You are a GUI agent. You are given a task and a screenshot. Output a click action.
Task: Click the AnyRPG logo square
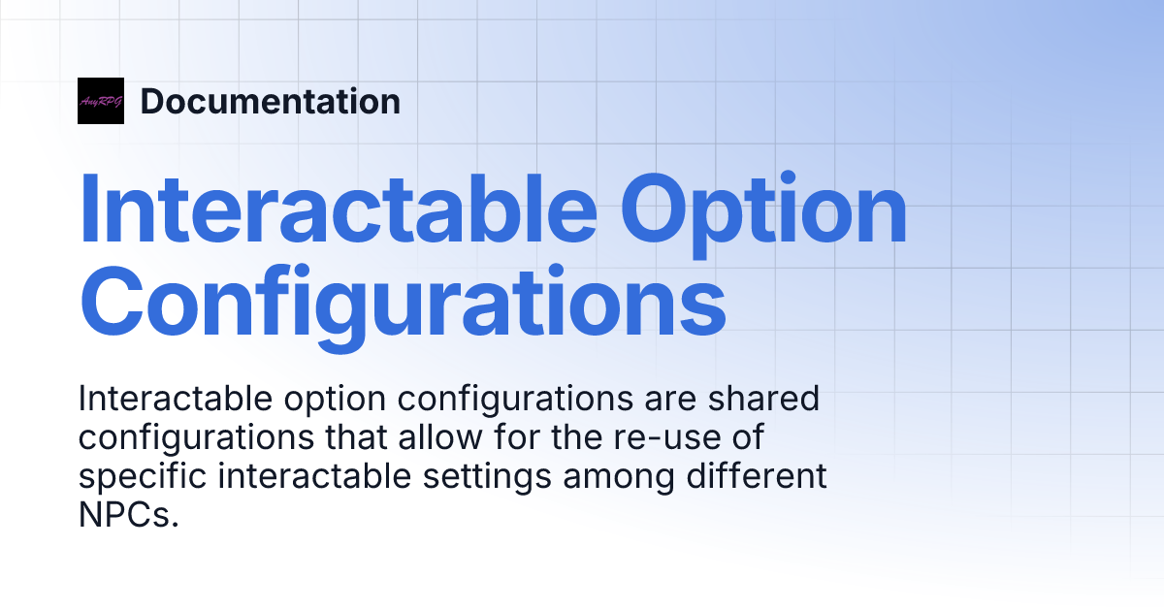tap(101, 101)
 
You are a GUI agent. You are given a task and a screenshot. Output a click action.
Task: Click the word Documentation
tap(271, 101)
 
